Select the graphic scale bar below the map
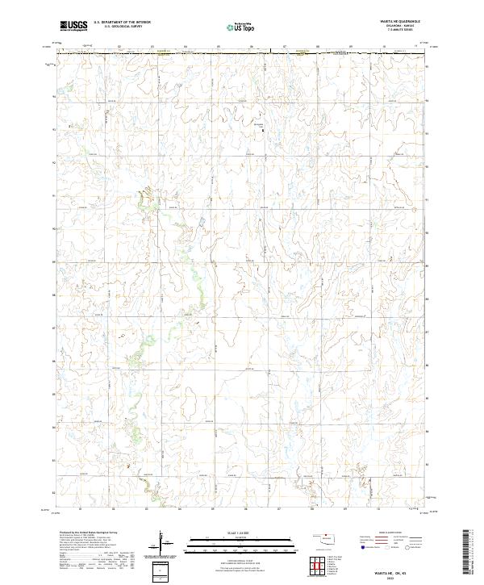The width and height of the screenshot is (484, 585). click(x=234, y=543)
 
